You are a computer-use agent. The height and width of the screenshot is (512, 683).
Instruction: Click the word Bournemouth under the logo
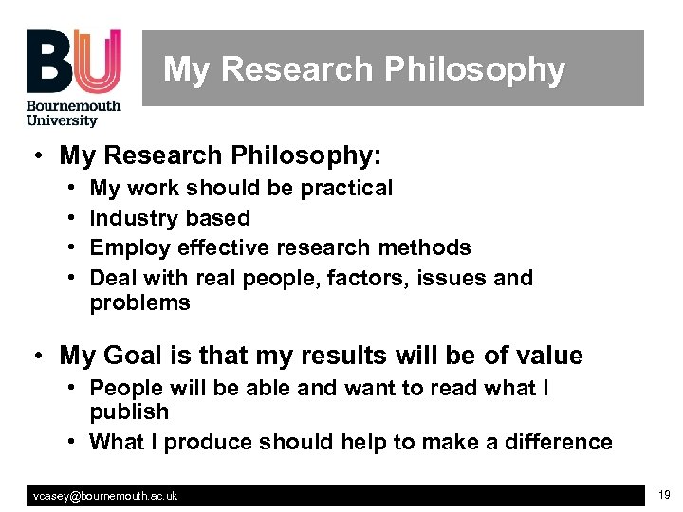pos(73,106)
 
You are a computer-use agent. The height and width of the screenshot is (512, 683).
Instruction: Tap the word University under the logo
pos(62,120)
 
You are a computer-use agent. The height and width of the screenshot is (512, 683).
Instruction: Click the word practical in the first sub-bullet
pos(346,188)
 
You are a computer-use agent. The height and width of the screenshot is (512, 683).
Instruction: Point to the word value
pos(546,356)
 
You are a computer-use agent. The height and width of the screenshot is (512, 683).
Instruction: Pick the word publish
pos(129,412)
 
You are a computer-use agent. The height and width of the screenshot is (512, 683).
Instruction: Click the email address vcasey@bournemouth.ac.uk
pos(105,496)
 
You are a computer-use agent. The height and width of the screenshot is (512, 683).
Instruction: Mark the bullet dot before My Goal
pos(35,356)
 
